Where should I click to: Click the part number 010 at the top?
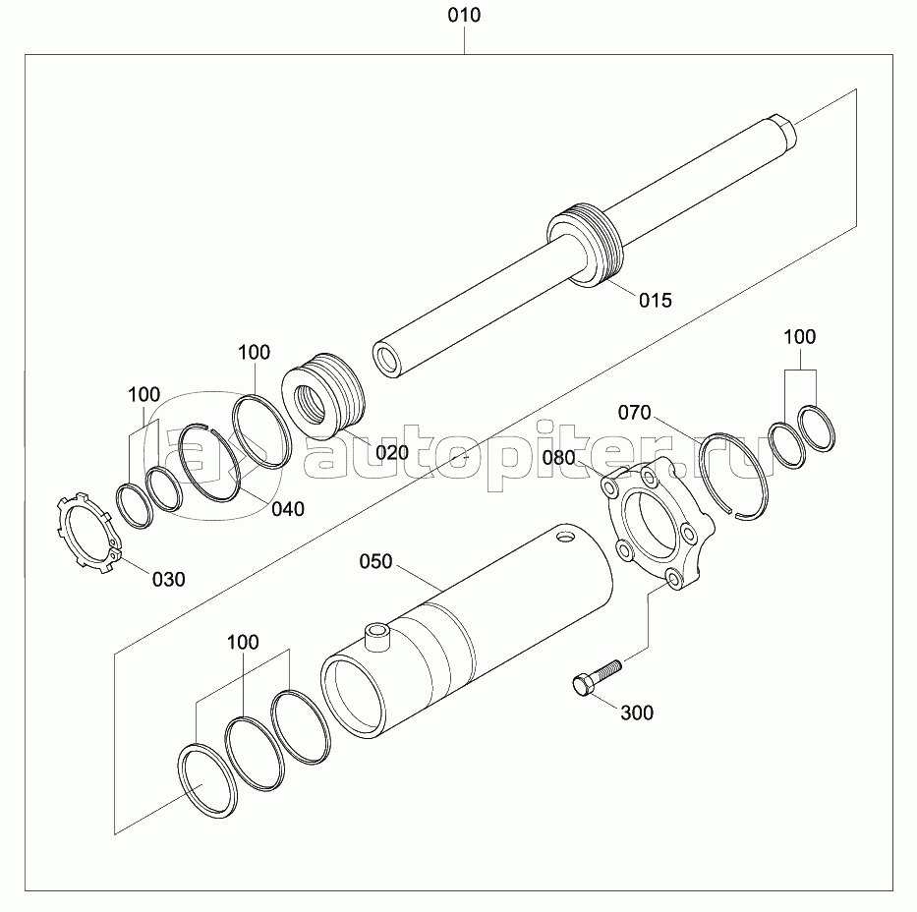point(464,15)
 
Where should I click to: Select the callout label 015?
point(655,301)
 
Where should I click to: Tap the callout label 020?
point(392,452)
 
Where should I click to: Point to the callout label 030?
point(168,580)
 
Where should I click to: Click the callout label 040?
point(288,509)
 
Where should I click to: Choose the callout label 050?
point(375,562)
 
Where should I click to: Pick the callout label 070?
point(635,413)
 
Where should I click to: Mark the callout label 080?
point(558,458)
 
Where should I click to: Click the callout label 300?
point(637,712)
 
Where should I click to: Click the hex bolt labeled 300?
point(597,677)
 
